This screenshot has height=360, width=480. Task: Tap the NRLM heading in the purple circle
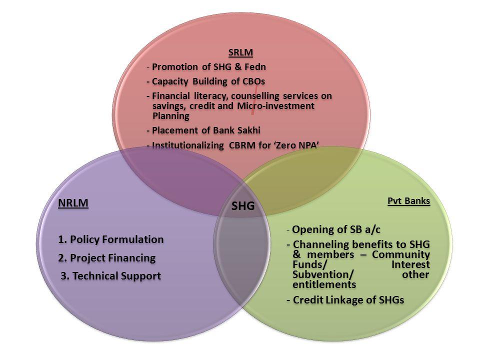point(73,203)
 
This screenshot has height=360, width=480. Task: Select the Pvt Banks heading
point(409,201)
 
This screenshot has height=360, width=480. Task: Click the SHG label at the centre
point(243,205)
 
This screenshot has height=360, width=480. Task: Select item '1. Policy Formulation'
point(110,239)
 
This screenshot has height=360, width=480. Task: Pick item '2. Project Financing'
point(106,258)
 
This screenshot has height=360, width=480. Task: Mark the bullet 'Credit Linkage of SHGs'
point(345,299)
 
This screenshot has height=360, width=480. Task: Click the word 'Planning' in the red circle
point(171,115)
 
